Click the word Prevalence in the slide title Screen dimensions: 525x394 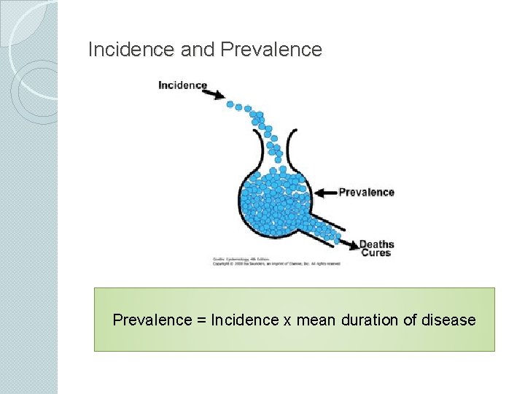click(x=271, y=50)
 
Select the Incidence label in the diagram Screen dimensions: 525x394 click(x=182, y=85)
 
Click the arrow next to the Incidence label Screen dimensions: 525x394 click(x=217, y=93)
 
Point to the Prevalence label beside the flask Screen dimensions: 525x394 click(x=366, y=193)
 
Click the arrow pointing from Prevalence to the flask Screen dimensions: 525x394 click(x=325, y=193)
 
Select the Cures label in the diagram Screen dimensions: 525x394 click(x=376, y=253)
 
